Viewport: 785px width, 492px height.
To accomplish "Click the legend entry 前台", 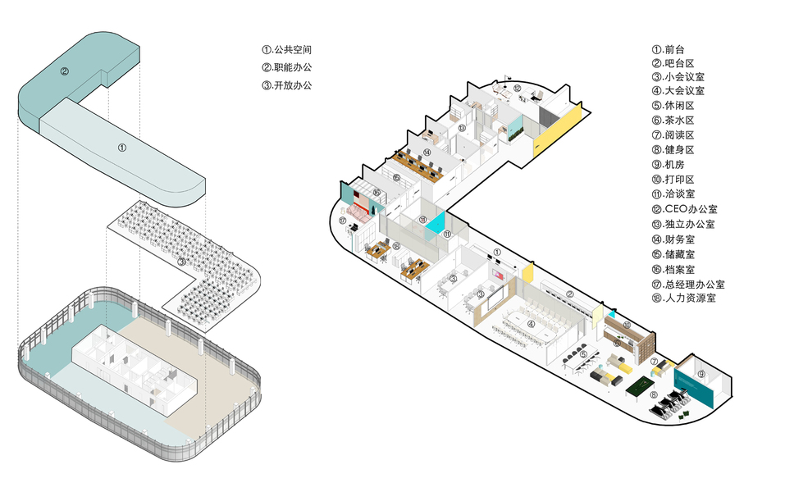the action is pyautogui.click(x=673, y=48).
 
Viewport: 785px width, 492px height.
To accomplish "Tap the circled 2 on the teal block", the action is pyautogui.click(x=63, y=71).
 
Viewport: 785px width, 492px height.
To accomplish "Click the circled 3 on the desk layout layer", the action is pyautogui.click(x=181, y=262).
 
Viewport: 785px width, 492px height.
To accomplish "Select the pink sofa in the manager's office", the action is pyautogui.click(x=358, y=212).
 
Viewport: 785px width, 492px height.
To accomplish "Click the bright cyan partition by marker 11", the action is pyautogui.click(x=434, y=222).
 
